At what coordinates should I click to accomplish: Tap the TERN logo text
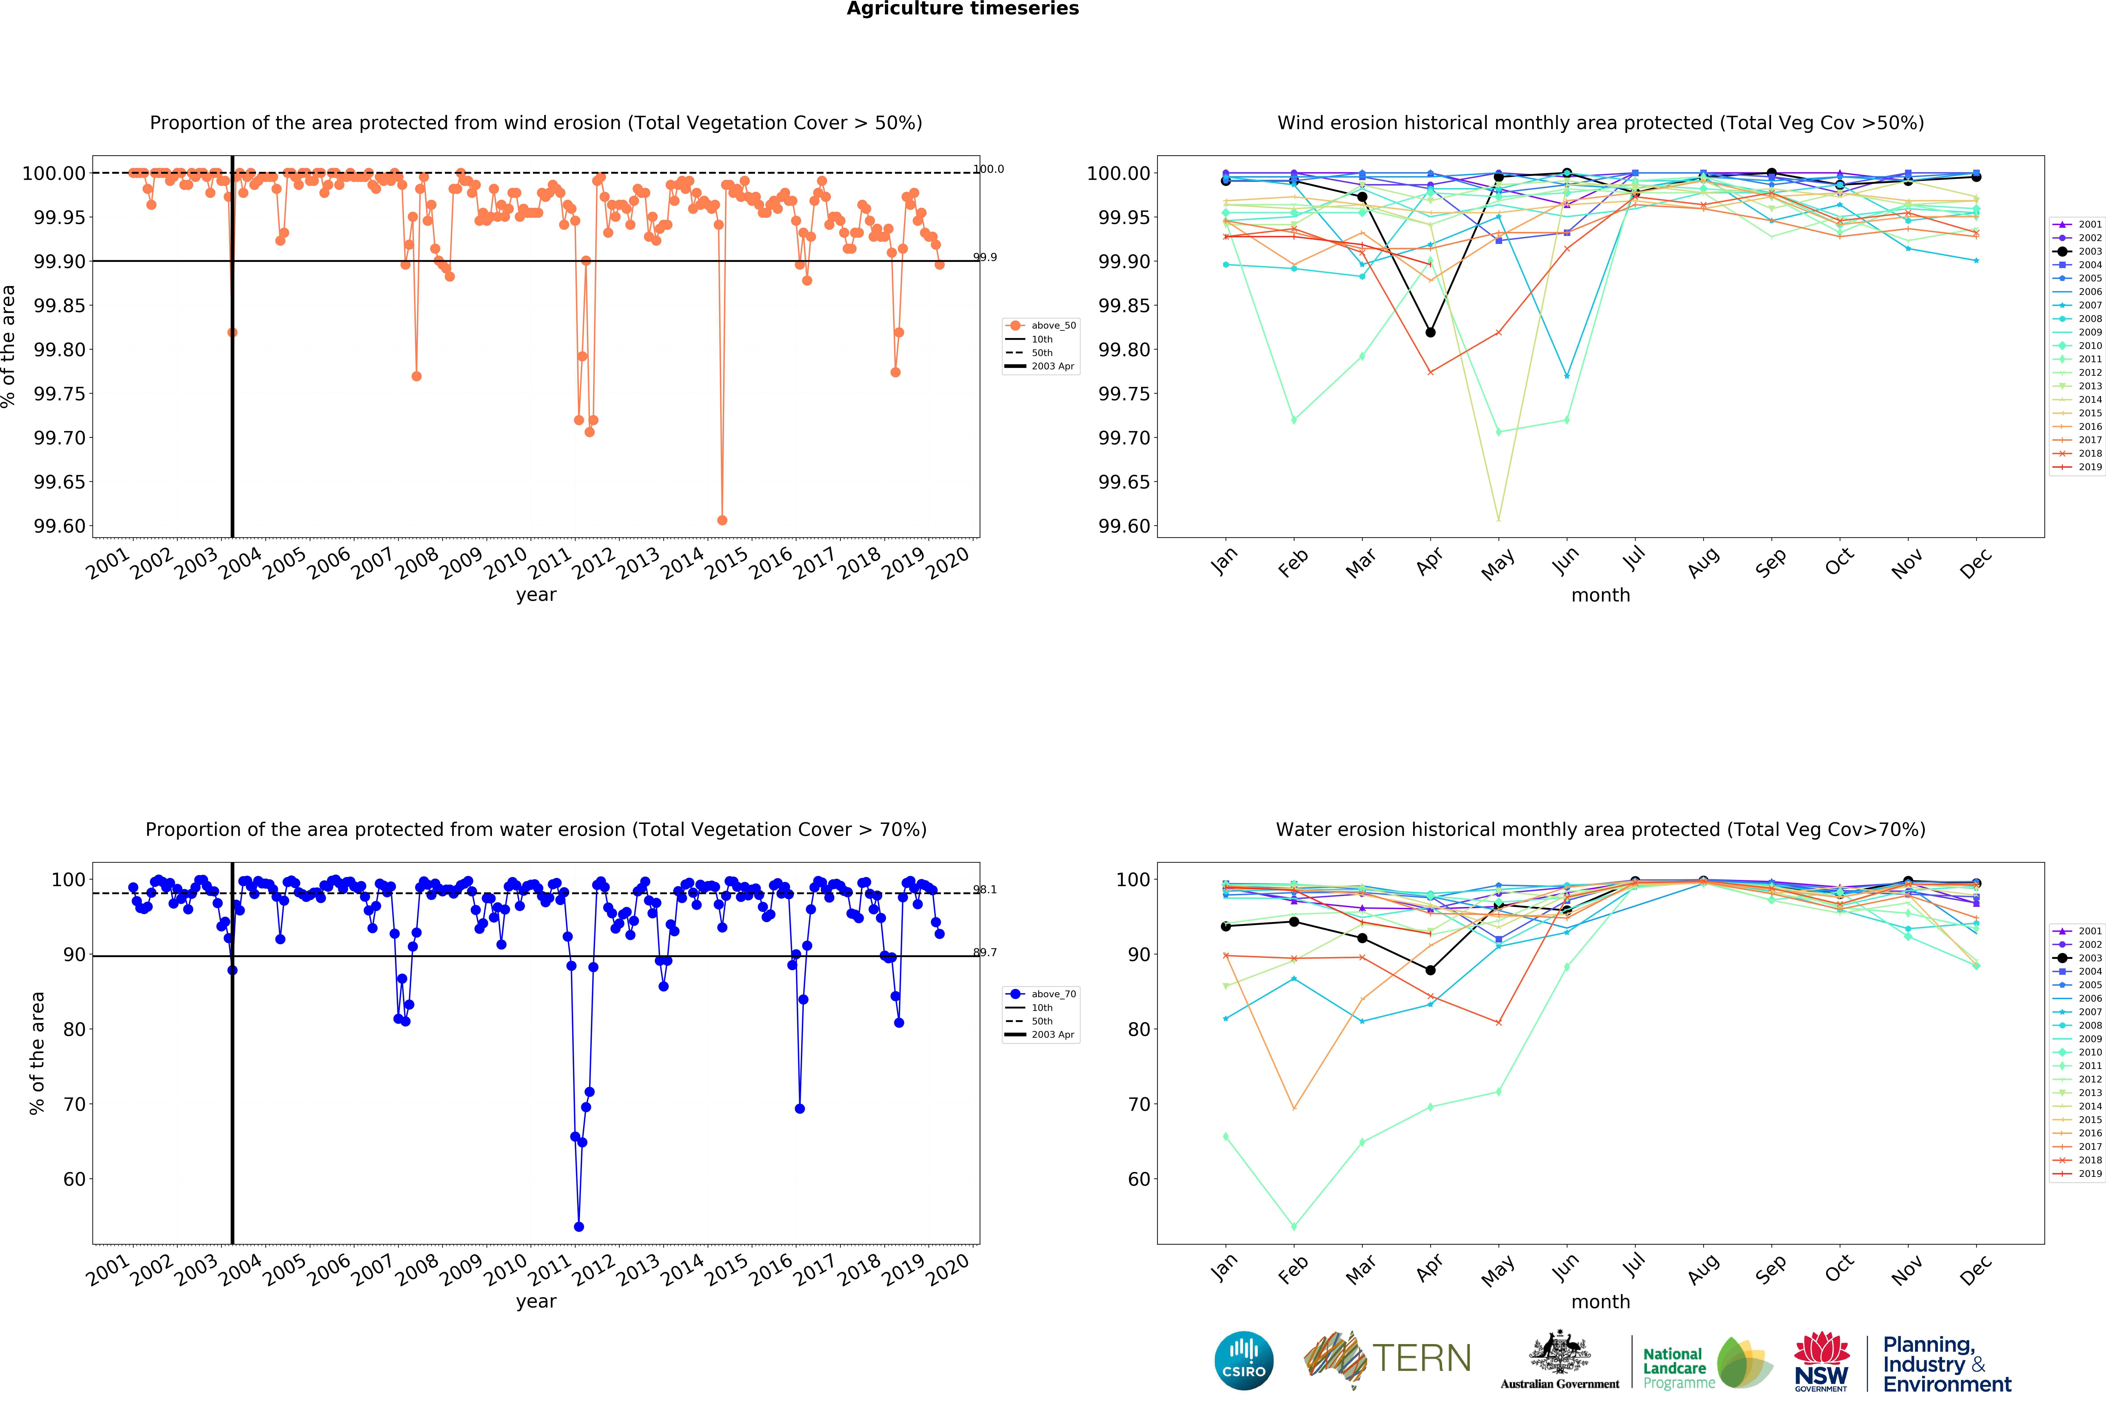(1421, 1358)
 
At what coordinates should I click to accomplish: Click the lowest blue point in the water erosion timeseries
(578, 1226)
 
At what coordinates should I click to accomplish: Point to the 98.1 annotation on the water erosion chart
(985, 890)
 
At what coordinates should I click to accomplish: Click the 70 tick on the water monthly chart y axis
(1139, 1105)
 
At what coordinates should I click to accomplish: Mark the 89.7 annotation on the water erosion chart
(985, 952)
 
